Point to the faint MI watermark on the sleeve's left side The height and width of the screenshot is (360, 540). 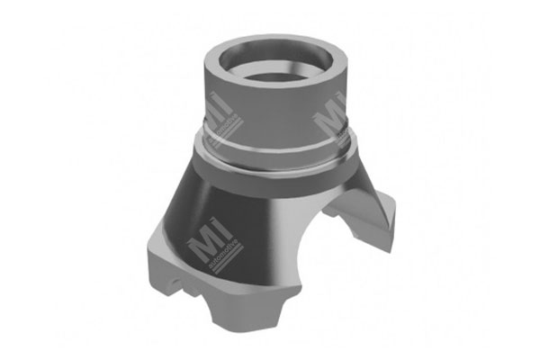click(219, 105)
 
